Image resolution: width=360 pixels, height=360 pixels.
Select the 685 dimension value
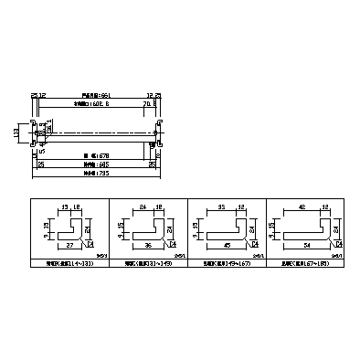[x=95, y=164]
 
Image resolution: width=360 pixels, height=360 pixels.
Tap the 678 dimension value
[x=95, y=155]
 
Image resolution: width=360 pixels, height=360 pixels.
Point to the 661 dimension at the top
[x=95, y=94]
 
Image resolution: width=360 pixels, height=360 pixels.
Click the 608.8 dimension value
[x=95, y=104]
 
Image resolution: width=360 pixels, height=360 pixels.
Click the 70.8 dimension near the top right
[x=147, y=104]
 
